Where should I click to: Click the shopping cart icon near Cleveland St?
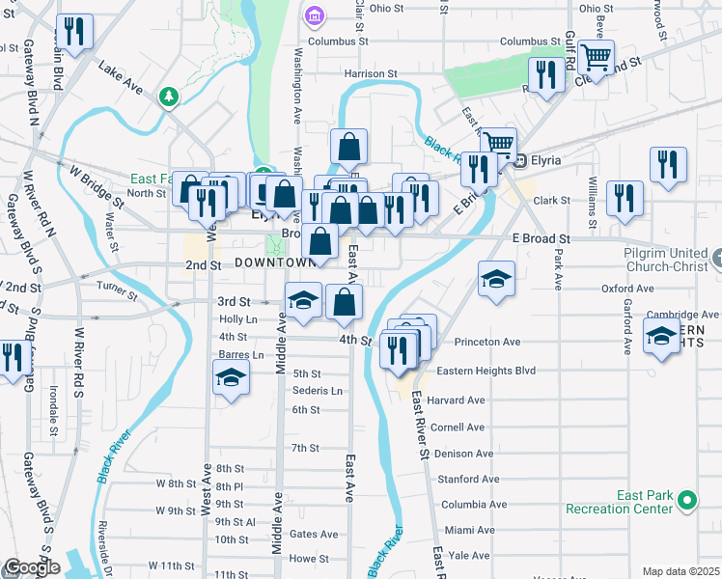tap(597, 59)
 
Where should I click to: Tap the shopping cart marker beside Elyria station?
tap(498, 145)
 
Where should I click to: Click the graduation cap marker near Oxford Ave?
tap(496, 278)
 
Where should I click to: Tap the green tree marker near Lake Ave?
tap(170, 96)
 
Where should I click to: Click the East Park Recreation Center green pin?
tap(686, 501)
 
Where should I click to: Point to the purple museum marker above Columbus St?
tap(312, 16)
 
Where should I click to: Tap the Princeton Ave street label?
tap(487, 342)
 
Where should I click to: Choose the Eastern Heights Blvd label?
tap(486, 371)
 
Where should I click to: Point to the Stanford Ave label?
tap(468, 479)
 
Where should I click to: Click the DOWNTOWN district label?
tap(275, 263)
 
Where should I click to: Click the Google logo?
tap(31, 567)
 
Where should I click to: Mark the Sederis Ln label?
tap(318, 391)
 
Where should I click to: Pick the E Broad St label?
tap(541, 238)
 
